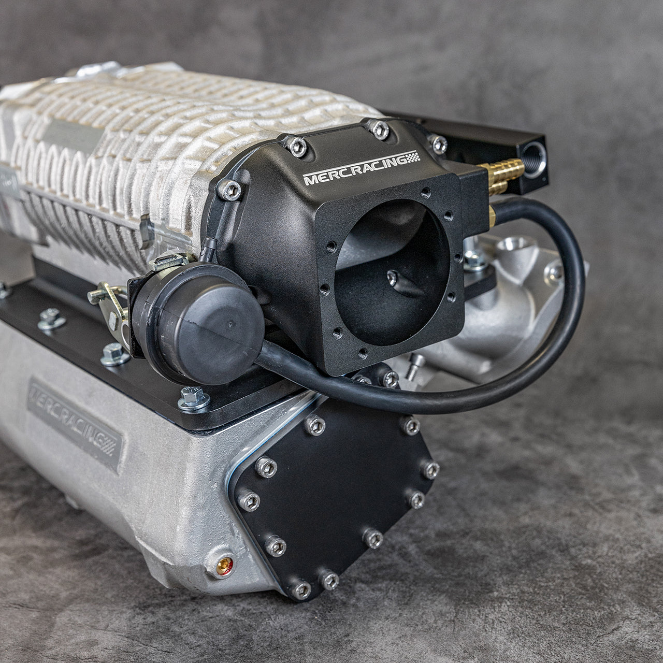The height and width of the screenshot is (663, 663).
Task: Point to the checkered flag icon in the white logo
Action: coord(413,157)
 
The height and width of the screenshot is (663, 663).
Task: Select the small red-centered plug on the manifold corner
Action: coord(224,565)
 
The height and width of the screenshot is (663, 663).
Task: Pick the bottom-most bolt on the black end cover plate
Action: coord(300,589)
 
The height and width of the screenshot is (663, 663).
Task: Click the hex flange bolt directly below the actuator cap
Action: coord(194,398)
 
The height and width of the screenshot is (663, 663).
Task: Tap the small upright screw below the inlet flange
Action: coord(414,366)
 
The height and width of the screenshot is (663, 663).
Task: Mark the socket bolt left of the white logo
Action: coord(230,190)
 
